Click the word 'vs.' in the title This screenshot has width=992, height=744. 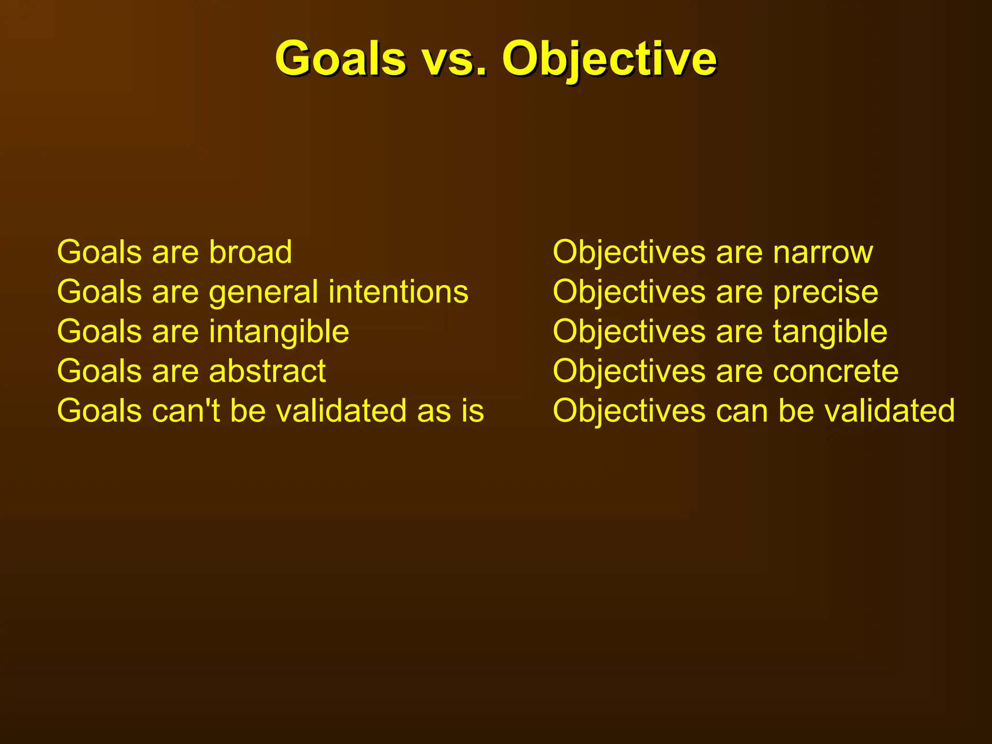click(x=454, y=59)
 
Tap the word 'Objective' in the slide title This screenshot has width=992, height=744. click(x=609, y=59)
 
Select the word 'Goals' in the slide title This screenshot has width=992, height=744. click(x=341, y=59)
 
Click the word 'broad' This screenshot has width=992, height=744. click(x=250, y=252)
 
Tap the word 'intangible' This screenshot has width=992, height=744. click(x=279, y=332)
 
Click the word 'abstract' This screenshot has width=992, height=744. click(x=267, y=372)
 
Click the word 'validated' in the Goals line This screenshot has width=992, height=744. click(x=341, y=411)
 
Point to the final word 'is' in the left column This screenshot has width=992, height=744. click(x=473, y=411)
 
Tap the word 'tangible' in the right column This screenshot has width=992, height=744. click(x=830, y=332)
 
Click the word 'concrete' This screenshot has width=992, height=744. click(x=836, y=372)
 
